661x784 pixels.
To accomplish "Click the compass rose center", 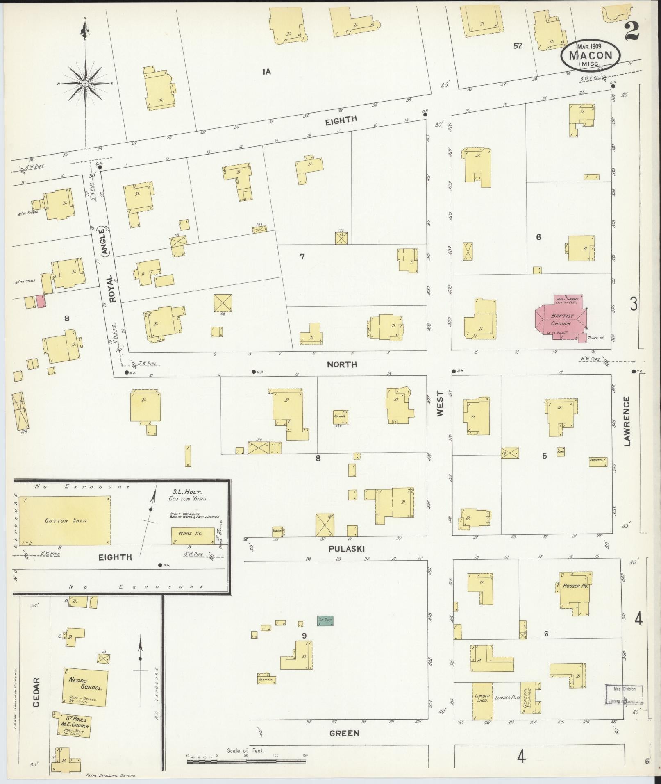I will click(86, 84).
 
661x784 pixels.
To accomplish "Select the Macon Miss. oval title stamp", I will click(590, 56).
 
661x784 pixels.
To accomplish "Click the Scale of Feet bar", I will click(246, 761).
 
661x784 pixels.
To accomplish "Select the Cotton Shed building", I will click(65, 520).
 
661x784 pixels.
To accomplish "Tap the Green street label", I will click(344, 733).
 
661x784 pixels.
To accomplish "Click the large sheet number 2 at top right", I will click(633, 32).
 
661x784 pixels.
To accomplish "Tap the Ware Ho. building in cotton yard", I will click(193, 536).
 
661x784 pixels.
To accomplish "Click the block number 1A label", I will click(267, 72).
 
